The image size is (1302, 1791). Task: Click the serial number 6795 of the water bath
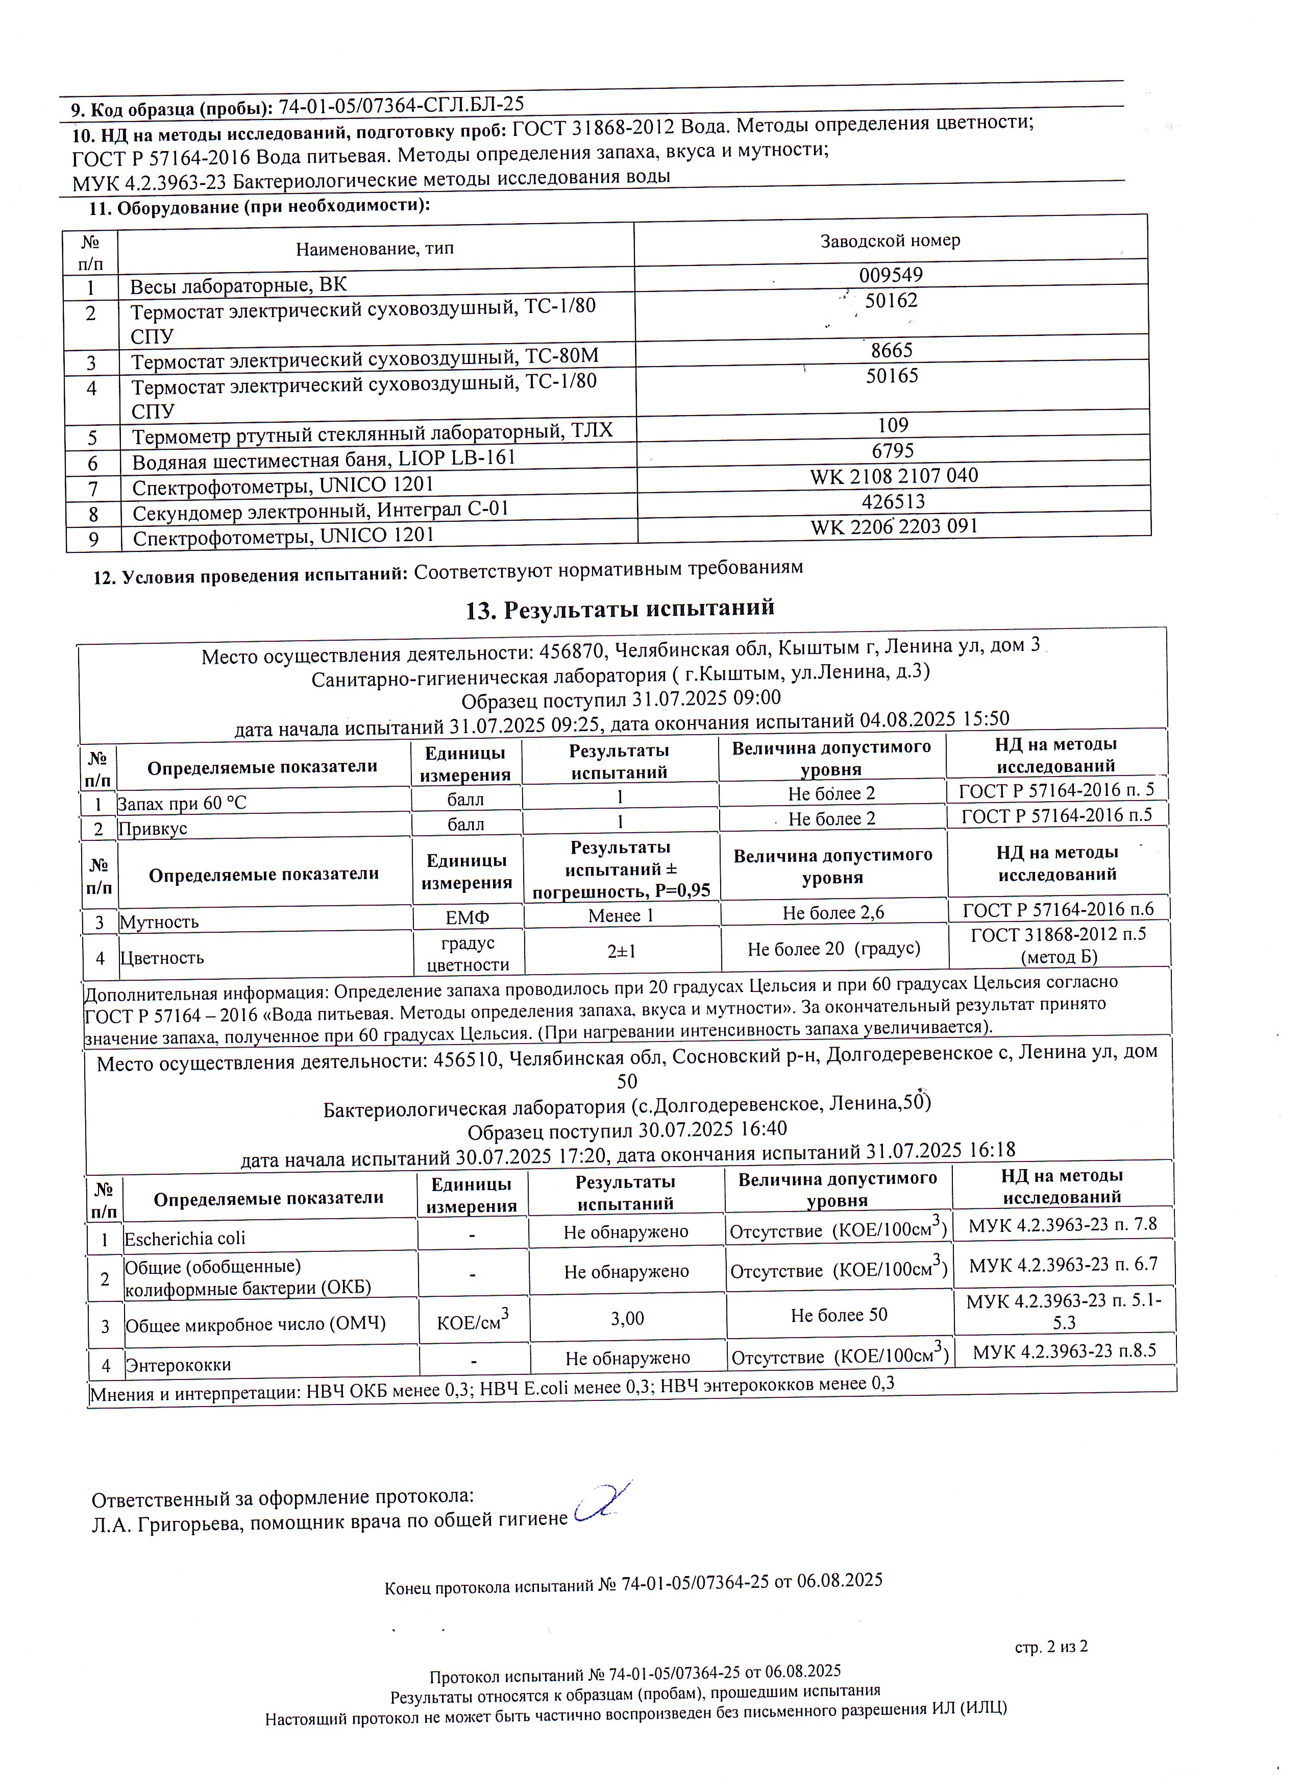click(x=893, y=451)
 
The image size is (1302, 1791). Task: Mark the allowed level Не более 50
click(x=839, y=1315)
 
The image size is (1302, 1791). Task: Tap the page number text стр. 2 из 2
click(x=1050, y=1647)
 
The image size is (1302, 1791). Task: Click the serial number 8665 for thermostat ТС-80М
click(x=892, y=350)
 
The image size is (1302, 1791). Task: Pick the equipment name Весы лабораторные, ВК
click(x=238, y=285)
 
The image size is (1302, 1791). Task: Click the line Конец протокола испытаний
click(x=633, y=1582)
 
